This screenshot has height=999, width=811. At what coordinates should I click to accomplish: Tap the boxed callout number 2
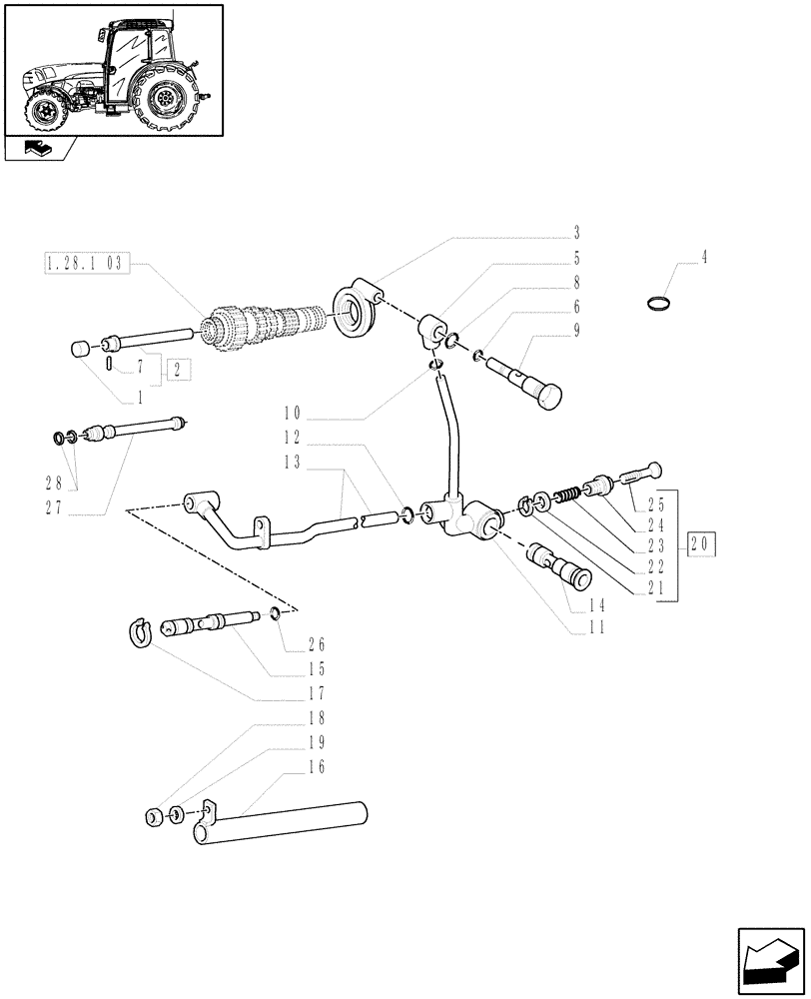coord(179,368)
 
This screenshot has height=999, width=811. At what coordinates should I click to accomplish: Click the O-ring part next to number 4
coord(657,304)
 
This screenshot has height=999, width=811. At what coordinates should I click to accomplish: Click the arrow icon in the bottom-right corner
coord(770,962)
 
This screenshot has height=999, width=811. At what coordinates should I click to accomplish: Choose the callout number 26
coord(319,644)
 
